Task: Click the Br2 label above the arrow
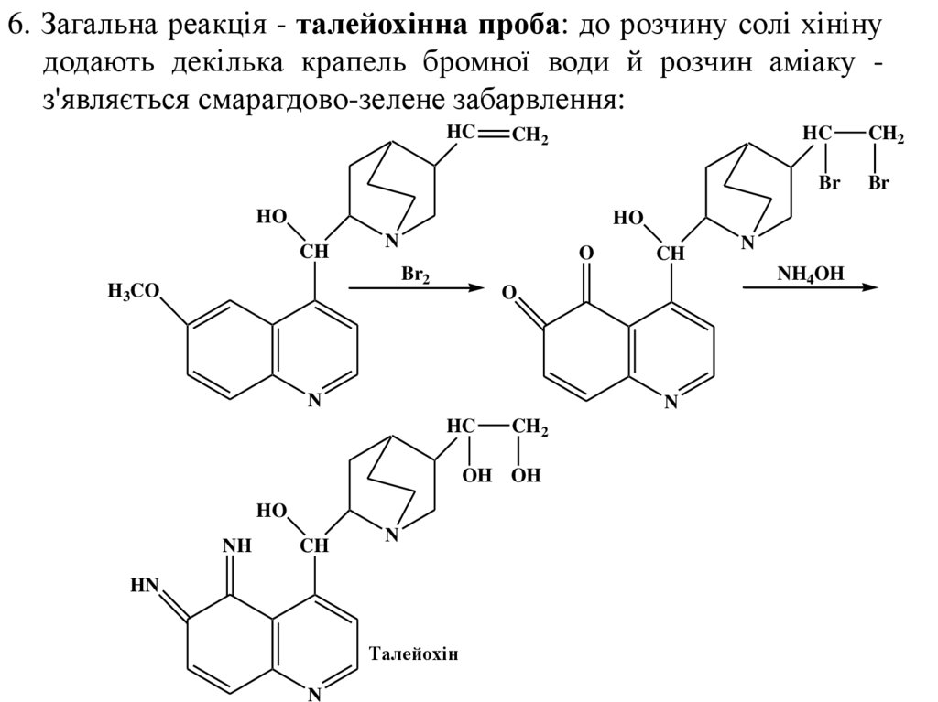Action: (x=415, y=274)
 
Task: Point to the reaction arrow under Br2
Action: (x=415, y=288)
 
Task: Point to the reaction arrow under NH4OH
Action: (x=810, y=287)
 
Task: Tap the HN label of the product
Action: (x=145, y=586)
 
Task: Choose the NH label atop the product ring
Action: (x=236, y=546)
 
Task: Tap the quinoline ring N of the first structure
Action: (x=314, y=399)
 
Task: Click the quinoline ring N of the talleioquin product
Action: (x=314, y=693)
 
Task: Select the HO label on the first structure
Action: (x=271, y=217)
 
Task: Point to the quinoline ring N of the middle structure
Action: (x=670, y=399)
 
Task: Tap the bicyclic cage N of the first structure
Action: (x=391, y=242)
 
